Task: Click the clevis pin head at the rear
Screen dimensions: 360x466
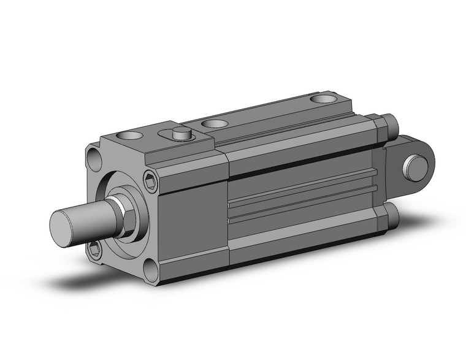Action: [415, 168]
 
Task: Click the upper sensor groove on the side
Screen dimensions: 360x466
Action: [300, 186]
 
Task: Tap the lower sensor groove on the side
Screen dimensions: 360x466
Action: [300, 209]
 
